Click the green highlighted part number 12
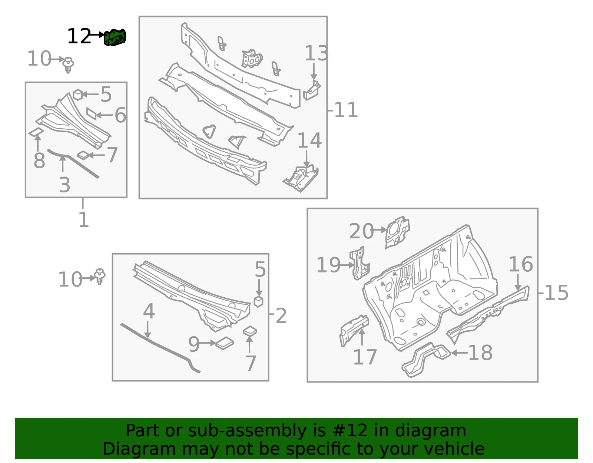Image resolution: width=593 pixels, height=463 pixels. [x=115, y=37]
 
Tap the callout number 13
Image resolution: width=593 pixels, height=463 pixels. [x=316, y=53]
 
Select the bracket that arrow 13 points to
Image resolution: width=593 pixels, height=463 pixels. [x=312, y=90]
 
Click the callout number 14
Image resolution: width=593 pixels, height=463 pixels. [x=309, y=141]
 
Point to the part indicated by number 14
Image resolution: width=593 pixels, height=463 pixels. [x=301, y=178]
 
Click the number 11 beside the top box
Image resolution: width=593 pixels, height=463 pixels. [x=346, y=110]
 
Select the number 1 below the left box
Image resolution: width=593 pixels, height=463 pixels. [x=84, y=219]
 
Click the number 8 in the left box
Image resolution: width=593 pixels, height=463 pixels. [x=39, y=161]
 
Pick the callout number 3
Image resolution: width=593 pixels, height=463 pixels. [x=65, y=185]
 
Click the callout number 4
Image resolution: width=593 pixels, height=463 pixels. [x=149, y=311]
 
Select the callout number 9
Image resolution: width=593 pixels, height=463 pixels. [x=194, y=344]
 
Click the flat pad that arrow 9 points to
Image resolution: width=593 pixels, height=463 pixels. [x=225, y=343]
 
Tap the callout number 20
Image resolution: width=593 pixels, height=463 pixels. [x=361, y=231]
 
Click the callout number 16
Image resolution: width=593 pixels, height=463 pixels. [x=521, y=264]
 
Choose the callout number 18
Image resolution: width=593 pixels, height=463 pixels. [x=480, y=353]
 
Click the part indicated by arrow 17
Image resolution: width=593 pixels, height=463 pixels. [x=354, y=330]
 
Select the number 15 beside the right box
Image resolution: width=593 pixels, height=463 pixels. [x=556, y=293]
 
